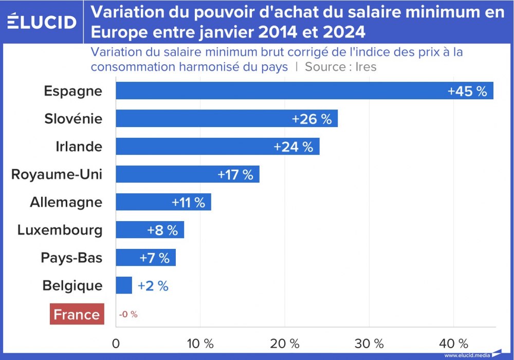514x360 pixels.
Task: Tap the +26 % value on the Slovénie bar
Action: point(311,119)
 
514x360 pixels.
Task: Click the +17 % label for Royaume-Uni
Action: point(235,174)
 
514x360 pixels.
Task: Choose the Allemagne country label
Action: point(66,202)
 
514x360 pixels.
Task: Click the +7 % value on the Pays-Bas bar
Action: point(154,258)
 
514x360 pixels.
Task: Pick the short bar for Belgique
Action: point(123,285)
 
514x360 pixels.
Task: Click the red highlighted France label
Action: point(77,314)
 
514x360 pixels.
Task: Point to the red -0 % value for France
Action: point(128,314)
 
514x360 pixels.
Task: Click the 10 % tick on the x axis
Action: point(200,343)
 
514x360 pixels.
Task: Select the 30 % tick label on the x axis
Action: point(369,343)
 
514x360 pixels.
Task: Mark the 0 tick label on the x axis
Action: point(116,343)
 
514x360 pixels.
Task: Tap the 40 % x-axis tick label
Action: point(453,343)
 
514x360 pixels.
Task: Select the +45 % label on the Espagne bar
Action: point(467,91)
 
